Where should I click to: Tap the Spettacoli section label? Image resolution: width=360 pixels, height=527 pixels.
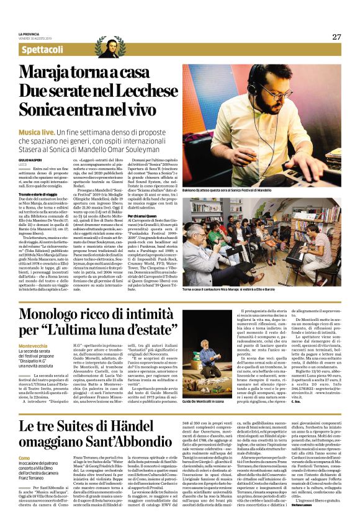(42, 50)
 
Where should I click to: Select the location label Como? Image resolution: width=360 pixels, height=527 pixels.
(24, 457)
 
